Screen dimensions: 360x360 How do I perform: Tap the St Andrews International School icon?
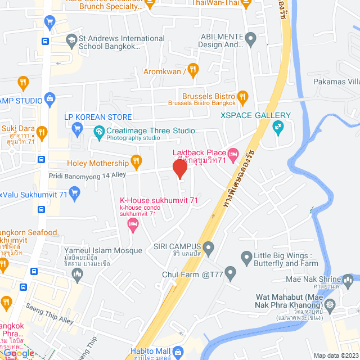(71, 40)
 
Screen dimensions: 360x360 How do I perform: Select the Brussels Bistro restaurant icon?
(243, 97)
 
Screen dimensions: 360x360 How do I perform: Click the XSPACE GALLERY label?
(255, 115)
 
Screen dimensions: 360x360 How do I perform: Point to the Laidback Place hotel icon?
(233, 153)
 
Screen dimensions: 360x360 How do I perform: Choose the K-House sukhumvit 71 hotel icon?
(133, 225)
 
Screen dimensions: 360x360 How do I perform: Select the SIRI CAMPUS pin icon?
(209, 247)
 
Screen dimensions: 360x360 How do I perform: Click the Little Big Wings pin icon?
(246, 259)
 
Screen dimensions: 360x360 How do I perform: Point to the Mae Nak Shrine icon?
(348, 279)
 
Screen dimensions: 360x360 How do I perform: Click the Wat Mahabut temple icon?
(330, 304)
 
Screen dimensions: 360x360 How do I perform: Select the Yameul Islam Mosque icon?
(78, 273)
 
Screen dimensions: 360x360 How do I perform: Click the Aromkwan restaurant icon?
(193, 70)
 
